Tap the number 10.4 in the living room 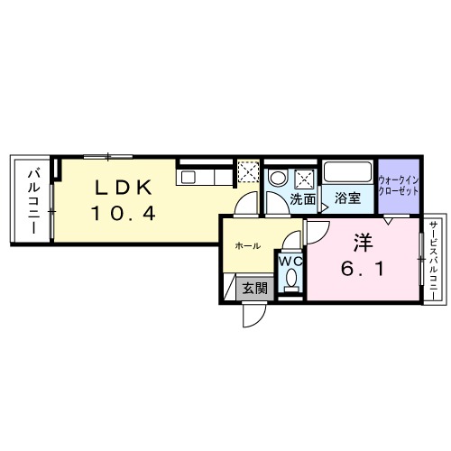point(124,214)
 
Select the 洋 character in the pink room point(363,243)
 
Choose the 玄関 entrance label point(254,289)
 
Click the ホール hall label point(248,245)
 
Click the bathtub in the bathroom point(348,172)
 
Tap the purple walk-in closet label point(398,184)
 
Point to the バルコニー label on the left point(31,200)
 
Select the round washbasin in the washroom point(278,176)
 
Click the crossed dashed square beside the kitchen point(249,172)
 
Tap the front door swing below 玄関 point(253,315)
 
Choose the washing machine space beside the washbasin point(305,175)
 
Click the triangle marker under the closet point(389,219)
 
